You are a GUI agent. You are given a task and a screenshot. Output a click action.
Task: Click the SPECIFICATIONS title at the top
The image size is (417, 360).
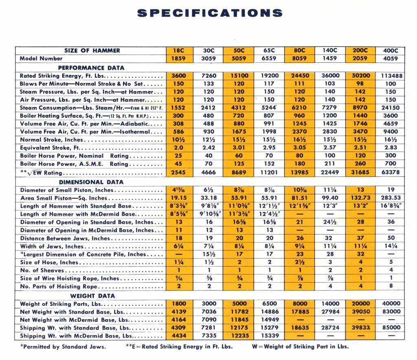tap(209, 13)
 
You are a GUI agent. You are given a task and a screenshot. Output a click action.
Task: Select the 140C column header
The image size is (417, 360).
tap(329, 51)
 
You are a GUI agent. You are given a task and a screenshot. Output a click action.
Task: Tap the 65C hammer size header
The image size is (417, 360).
tap(269, 51)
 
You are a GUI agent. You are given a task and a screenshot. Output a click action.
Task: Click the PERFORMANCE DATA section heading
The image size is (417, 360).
tap(91, 68)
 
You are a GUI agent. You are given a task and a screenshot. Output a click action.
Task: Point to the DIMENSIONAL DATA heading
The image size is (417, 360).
tap(91, 182)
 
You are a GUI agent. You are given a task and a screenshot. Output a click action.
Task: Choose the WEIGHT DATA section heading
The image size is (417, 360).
tap(93, 296)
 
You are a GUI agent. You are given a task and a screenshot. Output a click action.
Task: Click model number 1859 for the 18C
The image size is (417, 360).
tap(179, 59)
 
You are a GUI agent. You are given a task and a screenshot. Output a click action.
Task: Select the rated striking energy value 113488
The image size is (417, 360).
tap(390, 76)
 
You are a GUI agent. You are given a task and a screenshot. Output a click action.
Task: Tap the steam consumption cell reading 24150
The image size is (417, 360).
tap(390, 108)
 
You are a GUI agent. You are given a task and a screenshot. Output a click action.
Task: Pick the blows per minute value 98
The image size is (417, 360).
tap(360, 84)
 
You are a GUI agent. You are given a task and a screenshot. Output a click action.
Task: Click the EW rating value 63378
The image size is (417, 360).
tap(390, 172)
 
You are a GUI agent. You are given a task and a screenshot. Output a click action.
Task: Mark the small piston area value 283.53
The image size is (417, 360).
tap(390, 198)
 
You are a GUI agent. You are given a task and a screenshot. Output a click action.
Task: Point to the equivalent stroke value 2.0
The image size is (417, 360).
tap(179, 148)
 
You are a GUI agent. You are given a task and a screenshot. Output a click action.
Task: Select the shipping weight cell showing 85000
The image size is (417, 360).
tap(390, 328)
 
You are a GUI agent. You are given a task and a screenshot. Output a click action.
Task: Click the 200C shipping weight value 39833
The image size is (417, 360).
tap(360, 328)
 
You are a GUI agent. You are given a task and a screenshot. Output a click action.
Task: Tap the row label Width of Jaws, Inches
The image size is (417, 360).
tap(52, 246)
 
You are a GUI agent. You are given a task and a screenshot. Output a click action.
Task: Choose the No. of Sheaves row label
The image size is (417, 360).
tap(42, 271)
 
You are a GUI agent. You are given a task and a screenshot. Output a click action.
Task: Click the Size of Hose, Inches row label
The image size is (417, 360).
tap(49, 263)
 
